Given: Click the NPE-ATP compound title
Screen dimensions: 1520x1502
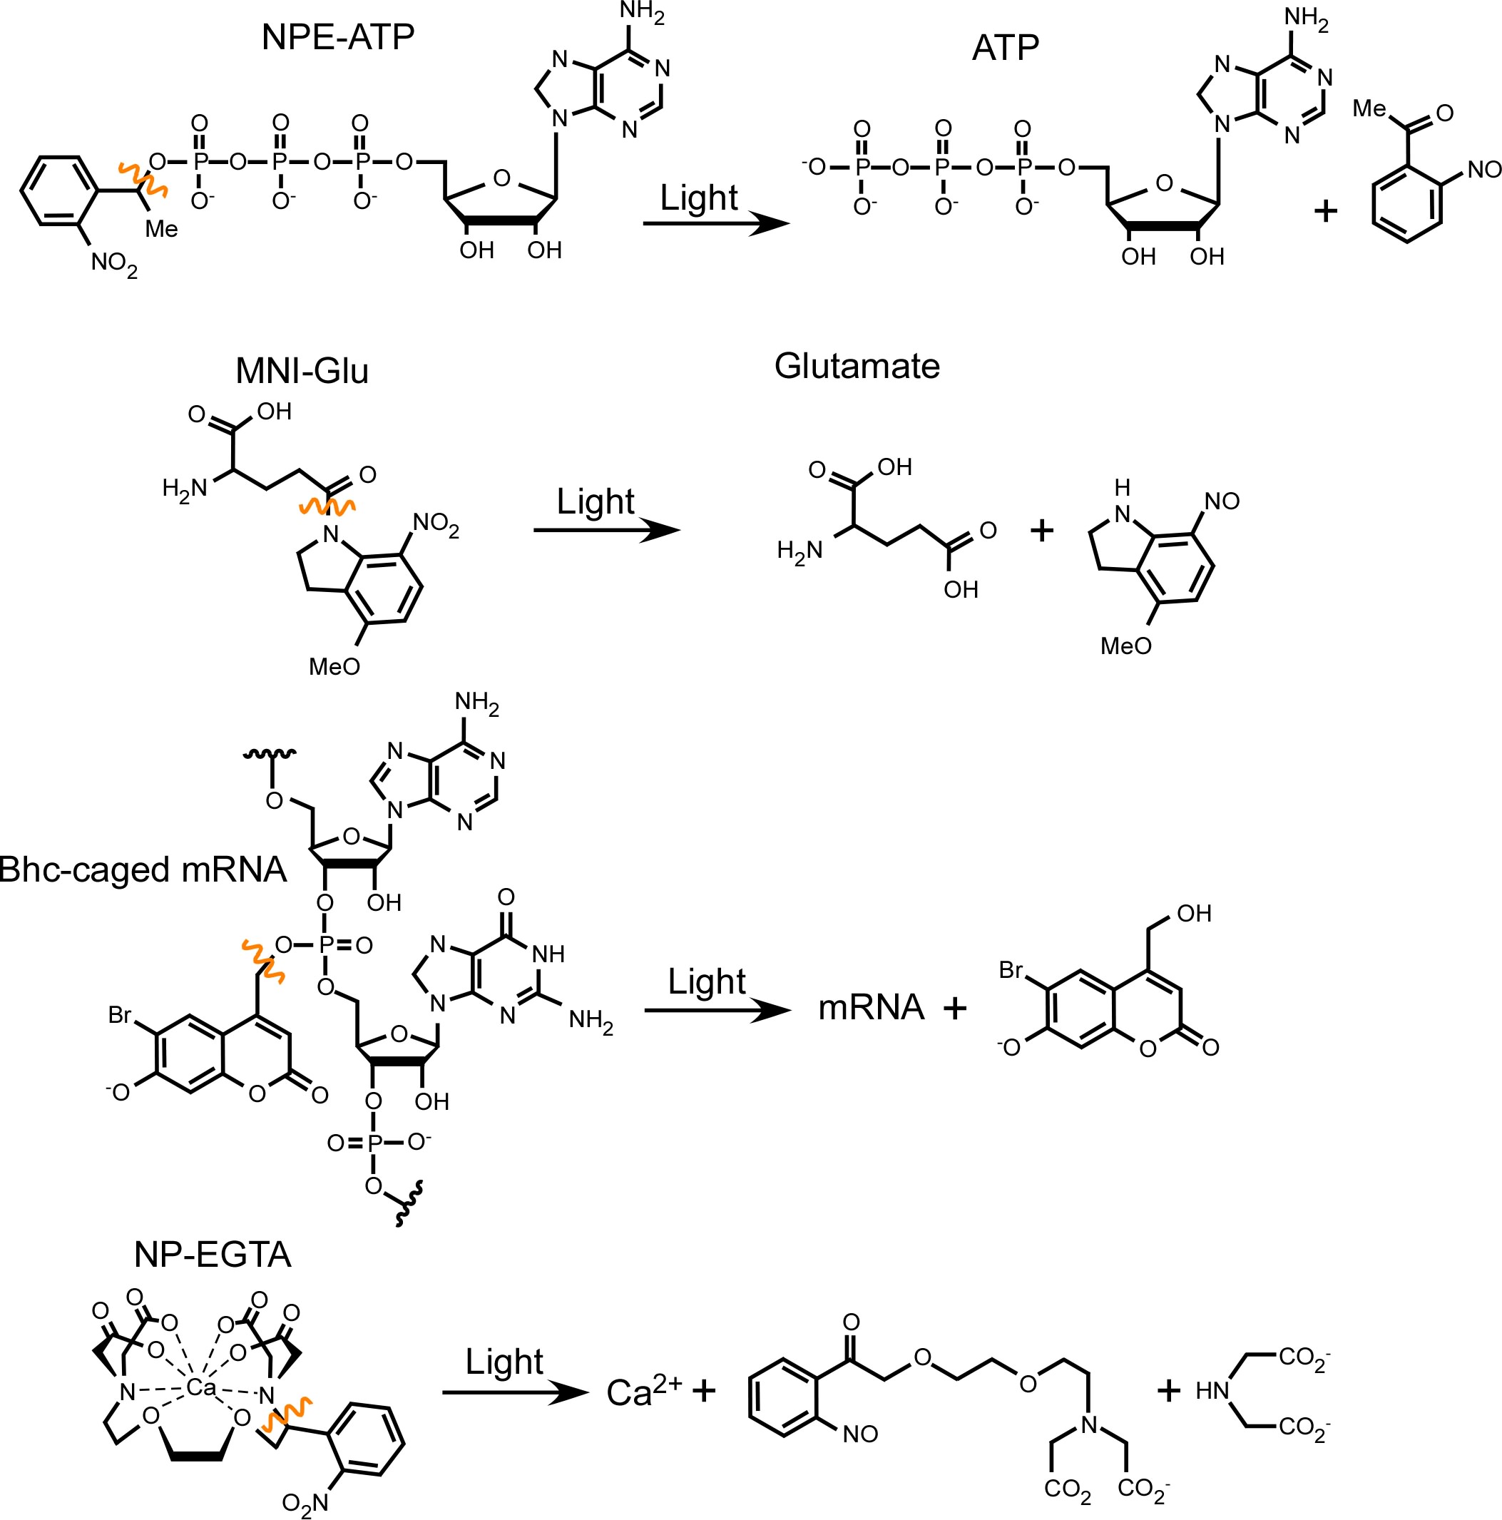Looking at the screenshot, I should (x=337, y=37).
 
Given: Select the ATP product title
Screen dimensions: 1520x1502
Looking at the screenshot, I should (x=1005, y=48).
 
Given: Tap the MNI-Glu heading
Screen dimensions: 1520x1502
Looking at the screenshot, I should (x=302, y=371).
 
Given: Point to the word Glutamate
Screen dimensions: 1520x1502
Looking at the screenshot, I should (x=857, y=366).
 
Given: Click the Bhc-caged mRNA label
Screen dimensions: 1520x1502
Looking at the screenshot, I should (x=143, y=869).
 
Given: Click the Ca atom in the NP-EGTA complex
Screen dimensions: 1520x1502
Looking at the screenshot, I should (x=200, y=1387).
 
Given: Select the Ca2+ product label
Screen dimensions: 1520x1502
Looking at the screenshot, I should (x=643, y=1392).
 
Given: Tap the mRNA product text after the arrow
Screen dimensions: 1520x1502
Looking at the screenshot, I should (x=871, y=1007).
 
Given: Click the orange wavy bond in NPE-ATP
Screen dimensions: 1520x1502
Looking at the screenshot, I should (x=143, y=178).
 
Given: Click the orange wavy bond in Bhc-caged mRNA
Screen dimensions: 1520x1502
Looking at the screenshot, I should (x=262, y=961).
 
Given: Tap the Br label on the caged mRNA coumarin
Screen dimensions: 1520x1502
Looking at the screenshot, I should (x=120, y=1015).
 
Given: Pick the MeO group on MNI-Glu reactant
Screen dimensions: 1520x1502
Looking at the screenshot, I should (x=334, y=666).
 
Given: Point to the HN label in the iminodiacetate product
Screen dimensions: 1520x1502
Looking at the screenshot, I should (x=1212, y=1391).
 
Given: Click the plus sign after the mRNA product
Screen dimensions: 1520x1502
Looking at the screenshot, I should (x=954, y=1008).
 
